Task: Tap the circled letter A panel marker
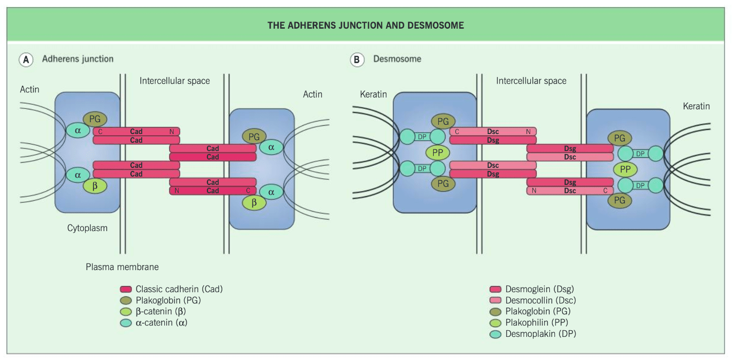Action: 26,60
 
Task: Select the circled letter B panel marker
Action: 357,60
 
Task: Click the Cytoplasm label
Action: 87,228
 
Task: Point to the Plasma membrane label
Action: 122,267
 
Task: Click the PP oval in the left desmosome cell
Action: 437,153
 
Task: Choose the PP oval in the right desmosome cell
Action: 625,169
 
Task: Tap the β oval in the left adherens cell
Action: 95,186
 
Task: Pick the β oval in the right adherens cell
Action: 254,203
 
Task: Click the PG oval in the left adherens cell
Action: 95,119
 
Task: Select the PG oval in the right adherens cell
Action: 254,137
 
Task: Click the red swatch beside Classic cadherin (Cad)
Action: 126,289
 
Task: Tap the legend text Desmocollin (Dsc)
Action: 541,300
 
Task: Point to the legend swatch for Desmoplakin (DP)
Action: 495,334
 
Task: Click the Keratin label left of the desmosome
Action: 373,94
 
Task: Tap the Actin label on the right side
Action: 313,94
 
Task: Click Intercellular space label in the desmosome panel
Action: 531,81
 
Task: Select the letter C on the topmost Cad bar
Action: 100,132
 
